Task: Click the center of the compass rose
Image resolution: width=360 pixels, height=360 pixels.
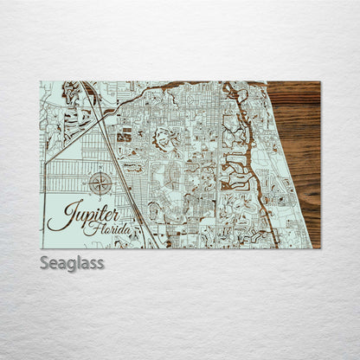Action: pos(100,183)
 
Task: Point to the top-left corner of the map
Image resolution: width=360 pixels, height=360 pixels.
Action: pos(41,82)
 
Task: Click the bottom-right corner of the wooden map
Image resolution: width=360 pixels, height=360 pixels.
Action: pos(319,247)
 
